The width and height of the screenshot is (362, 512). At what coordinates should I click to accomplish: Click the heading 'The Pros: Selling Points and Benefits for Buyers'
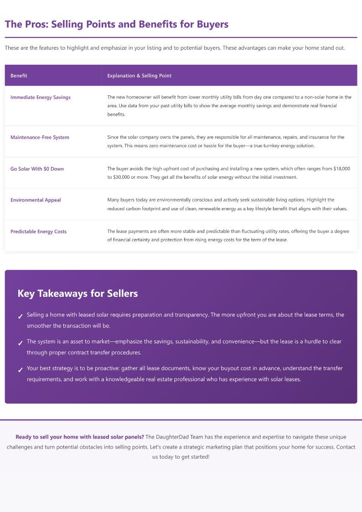tap(117, 24)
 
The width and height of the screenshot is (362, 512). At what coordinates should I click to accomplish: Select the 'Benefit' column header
tap(19, 76)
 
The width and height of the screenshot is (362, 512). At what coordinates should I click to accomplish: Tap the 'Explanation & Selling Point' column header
tap(139, 76)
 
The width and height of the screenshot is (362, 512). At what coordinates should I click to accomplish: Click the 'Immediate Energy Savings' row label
tap(41, 97)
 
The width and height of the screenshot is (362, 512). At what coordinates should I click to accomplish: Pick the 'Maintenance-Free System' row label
tap(40, 137)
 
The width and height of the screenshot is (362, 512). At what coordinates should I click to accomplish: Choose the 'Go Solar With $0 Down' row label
tap(37, 169)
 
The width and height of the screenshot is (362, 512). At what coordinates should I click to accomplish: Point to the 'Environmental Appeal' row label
tap(36, 200)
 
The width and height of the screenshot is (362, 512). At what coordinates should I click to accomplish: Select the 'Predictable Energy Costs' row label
tap(38, 232)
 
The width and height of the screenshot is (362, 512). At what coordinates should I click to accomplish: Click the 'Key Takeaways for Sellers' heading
tap(78, 294)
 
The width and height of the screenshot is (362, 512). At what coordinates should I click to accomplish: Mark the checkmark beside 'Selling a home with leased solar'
tap(20, 316)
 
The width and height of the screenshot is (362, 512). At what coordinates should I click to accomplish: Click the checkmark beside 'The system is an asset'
tap(20, 343)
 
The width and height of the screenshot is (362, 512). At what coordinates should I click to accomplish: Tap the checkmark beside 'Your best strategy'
tap(20, 370)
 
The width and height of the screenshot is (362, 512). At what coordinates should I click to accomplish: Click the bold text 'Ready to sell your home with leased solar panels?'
tap(79, 437)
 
